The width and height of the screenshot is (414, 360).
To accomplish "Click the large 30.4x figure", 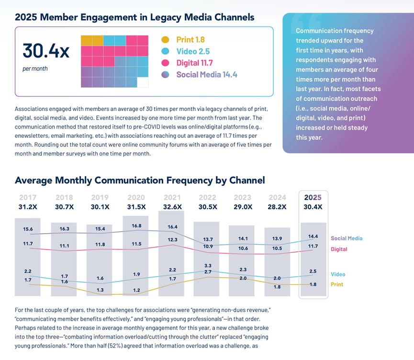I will pos(46,51).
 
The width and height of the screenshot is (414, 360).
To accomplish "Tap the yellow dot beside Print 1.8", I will pos(165,40).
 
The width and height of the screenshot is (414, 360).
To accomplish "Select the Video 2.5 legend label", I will pos(193,51).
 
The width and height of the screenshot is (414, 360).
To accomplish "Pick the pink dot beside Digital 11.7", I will pos(165,63).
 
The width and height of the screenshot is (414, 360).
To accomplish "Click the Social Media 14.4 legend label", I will pos(207,75).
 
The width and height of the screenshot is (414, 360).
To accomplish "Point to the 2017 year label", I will pos(28,197).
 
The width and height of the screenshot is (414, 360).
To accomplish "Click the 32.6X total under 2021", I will pos(173,207).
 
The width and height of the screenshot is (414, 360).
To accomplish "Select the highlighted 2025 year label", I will pos(313,197).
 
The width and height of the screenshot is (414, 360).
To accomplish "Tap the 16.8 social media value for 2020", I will pos(136,226).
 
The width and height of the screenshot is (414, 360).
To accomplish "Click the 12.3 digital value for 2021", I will pos(173,239).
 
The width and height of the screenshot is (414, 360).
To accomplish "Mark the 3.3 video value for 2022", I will pos(208,266).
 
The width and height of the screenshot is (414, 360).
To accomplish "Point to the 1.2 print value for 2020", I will pos(136,290).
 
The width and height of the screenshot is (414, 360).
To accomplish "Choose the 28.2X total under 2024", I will pos(277,207).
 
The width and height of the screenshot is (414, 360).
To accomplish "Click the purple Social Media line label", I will pos(347,238).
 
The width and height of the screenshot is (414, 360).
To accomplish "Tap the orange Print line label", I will pos(337,284).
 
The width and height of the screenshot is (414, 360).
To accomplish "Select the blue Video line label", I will pos(338,274).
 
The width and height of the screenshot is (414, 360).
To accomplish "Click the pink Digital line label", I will pos(339,249).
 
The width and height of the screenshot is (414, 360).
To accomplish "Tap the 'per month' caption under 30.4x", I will pos(35,68).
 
